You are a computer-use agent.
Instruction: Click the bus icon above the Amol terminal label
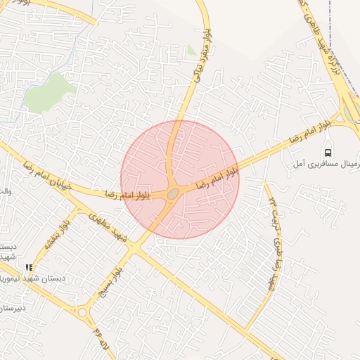pyautogui.click(x=328, y=153)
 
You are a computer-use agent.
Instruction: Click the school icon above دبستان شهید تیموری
pyautogui.click(x=29, y=267)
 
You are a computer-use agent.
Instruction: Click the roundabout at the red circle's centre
pyautogui.click(x=173, y=193)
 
